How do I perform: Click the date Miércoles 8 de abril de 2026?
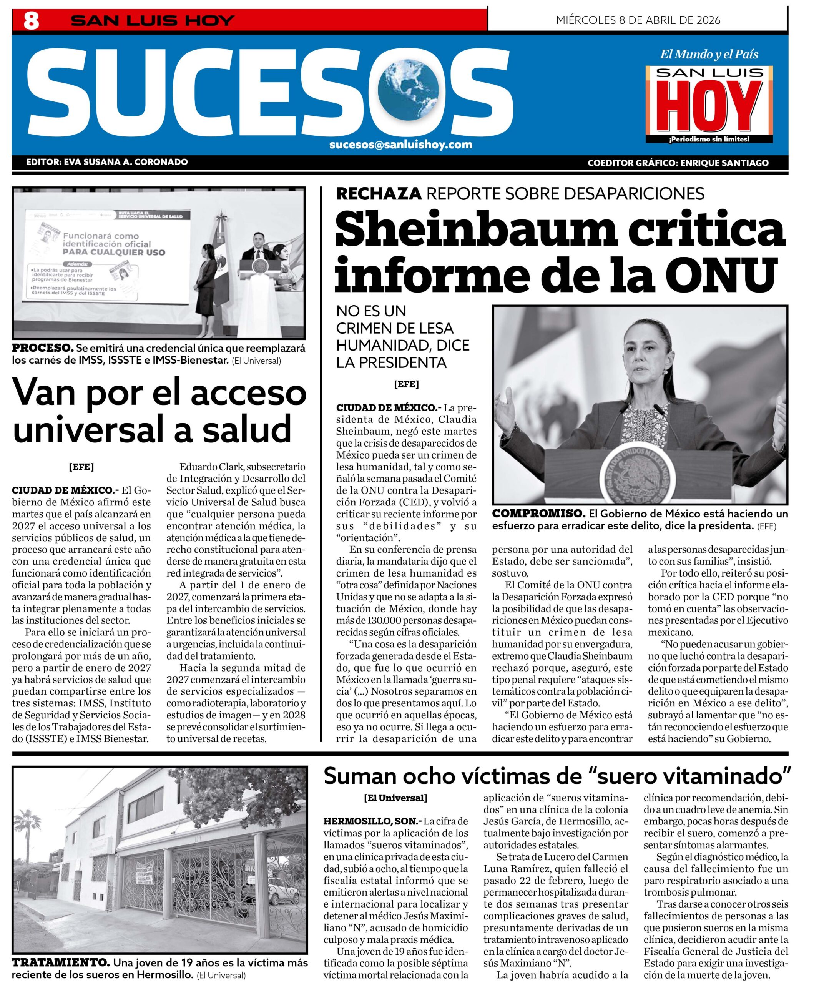click(x=638, y=20)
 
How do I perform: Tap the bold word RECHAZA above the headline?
click(x=379, y=193)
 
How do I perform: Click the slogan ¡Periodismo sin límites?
click(x=709, y=139)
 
